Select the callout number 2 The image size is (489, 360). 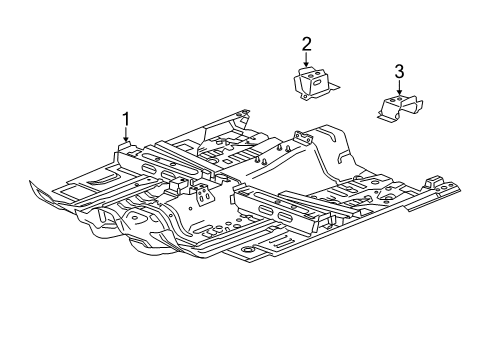[307, 43]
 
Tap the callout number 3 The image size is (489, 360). [399, 71]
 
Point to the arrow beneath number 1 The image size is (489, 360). [126, 140]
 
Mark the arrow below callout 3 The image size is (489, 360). [399, 89]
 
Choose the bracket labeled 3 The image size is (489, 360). [398, 106]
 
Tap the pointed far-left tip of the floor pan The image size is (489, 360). [32, 184]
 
